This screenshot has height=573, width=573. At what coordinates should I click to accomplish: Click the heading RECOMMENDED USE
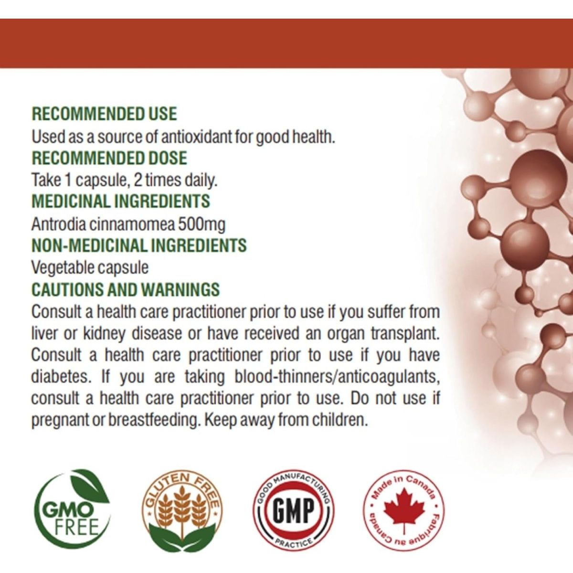pos(104,114)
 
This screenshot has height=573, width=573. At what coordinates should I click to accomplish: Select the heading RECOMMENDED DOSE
pos(109,158)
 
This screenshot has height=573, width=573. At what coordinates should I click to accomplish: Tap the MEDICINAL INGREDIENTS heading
pos(120,201)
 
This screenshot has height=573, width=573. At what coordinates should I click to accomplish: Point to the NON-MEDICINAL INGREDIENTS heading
pos(139,245)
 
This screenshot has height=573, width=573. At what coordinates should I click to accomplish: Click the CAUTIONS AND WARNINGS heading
pos(126,289)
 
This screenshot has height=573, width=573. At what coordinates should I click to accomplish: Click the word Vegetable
pos(59,267)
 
